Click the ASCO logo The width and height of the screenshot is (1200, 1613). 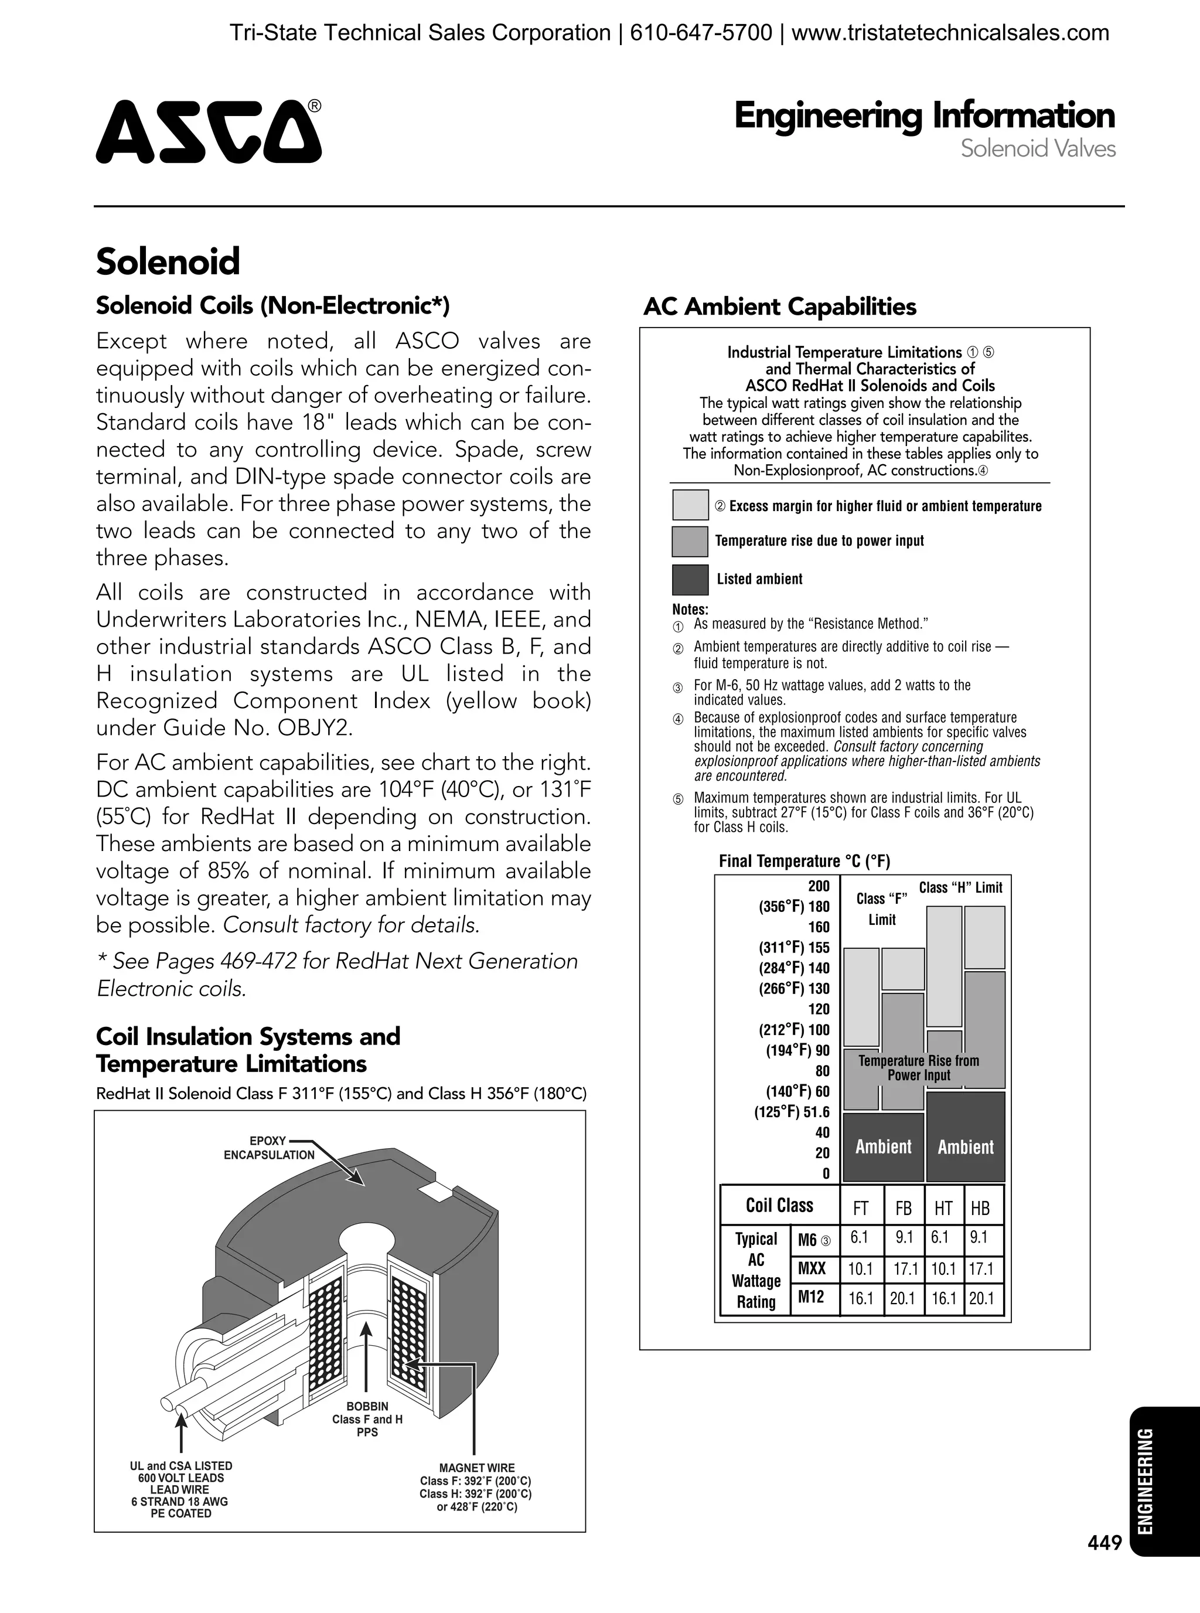coord(209,131)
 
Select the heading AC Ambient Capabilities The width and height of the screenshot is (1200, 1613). coord(779,307)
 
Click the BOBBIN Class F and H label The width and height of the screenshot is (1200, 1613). coord(367,1419)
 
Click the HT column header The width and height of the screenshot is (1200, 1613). coord(943,1209)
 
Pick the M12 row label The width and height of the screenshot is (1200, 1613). coord(811,1297)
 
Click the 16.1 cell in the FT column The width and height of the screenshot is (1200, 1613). coord(861,1298)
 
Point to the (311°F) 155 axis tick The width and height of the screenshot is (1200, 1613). coord(793,947)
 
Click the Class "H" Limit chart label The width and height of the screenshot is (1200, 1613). coord(960,888)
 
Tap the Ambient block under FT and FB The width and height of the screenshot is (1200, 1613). coord(883,1146)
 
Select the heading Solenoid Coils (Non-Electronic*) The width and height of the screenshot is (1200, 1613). coord(272,305)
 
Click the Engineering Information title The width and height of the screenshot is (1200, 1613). coord(924,115)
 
